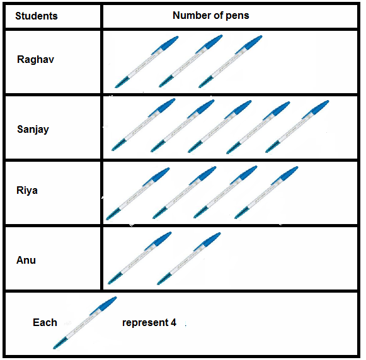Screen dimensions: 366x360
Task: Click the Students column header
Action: point(37,16)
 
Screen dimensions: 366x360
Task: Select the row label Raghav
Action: point(35,60)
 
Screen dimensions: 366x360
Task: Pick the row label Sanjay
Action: point(33,130)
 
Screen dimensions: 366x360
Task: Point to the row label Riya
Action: point(27,191)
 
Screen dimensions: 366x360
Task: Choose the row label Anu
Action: point(26,260)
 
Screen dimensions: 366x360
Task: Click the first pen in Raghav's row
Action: point(147,62)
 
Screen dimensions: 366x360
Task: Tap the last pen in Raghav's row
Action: point(231,62)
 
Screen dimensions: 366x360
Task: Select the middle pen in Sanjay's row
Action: point(220,127)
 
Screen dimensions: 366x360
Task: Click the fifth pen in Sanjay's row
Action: point(297,127)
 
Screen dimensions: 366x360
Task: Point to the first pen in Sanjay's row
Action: point(144,125)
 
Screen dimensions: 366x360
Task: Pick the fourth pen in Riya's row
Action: point(266,193)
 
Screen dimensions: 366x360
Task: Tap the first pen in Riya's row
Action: point(138,194)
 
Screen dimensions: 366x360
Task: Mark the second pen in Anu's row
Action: point(189,259)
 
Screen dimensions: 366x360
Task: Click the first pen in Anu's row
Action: point(140,258)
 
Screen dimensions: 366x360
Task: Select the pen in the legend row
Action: point(85,323)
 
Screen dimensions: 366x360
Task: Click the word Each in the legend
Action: point(45,323)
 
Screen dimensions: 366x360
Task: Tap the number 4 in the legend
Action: point(173,323)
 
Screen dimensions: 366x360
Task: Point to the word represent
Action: point(145,323)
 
